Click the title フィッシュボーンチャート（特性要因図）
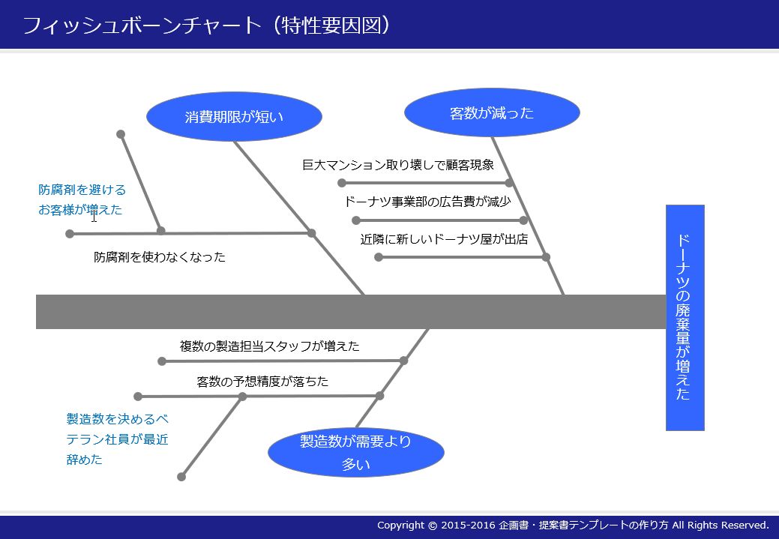click(206, 25)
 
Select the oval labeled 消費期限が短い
click(234, 116)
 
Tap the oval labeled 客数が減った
click(492, 113)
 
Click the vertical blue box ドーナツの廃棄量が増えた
click(685, 317)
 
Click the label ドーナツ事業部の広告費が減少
click(427, 202)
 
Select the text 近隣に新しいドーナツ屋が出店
click(444, 240)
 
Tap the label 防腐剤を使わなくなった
click(160, 257)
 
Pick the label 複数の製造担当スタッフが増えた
click(270, 346)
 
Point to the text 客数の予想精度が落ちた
click(262, 382)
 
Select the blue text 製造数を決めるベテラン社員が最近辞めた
click(117, 439)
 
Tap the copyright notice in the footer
click(573, 526)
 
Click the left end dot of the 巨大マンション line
click(342, 183)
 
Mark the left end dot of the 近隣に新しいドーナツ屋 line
click(379, 257)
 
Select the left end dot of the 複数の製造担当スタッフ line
click(162, 361)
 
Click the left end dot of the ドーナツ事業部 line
click(356, 220)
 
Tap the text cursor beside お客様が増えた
click(94, 217)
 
